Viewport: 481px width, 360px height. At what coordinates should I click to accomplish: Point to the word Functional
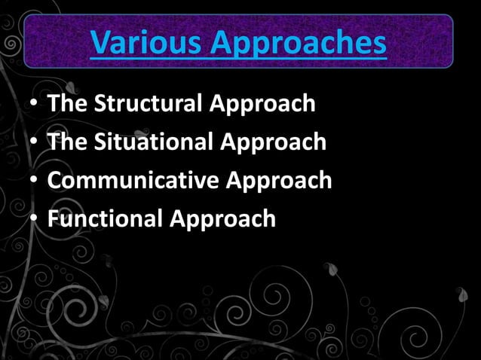(x=105, y=219)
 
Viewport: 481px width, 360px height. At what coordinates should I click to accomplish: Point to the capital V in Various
(x=100, y=44)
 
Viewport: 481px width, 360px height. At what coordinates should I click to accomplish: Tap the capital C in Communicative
(x=54, y=181)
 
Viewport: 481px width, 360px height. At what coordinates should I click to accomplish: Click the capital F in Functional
(x=53, y=219)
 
